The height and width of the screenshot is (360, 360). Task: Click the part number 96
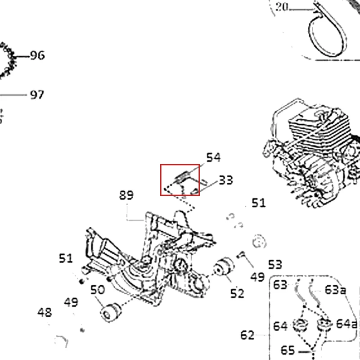[x=37, y=55]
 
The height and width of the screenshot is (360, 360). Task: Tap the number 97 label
[x=37, y=94]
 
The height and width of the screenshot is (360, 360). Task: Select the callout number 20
[x=282, y=7]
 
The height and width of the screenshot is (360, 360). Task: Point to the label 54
[x=213, y=157]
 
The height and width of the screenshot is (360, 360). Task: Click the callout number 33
[x=226, y=180]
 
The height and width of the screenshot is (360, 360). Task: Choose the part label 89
[x=126, y=195]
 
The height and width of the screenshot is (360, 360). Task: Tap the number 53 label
[x=275, y=265]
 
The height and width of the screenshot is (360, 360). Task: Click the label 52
[x=237, y=293]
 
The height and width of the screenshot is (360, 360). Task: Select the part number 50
[x=98, y=290]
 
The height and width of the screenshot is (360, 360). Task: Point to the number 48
[x=45, y=312]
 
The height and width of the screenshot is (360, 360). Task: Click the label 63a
[x=335, y=290]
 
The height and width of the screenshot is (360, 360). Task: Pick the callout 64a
[x=346, y=324]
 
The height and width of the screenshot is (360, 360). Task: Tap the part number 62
[x=247, y=335]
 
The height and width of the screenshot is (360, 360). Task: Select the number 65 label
[x=288, y=351]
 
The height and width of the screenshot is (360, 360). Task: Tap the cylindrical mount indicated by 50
[x=111, y=312]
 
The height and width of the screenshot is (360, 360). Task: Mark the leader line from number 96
[x=21, y=56]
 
